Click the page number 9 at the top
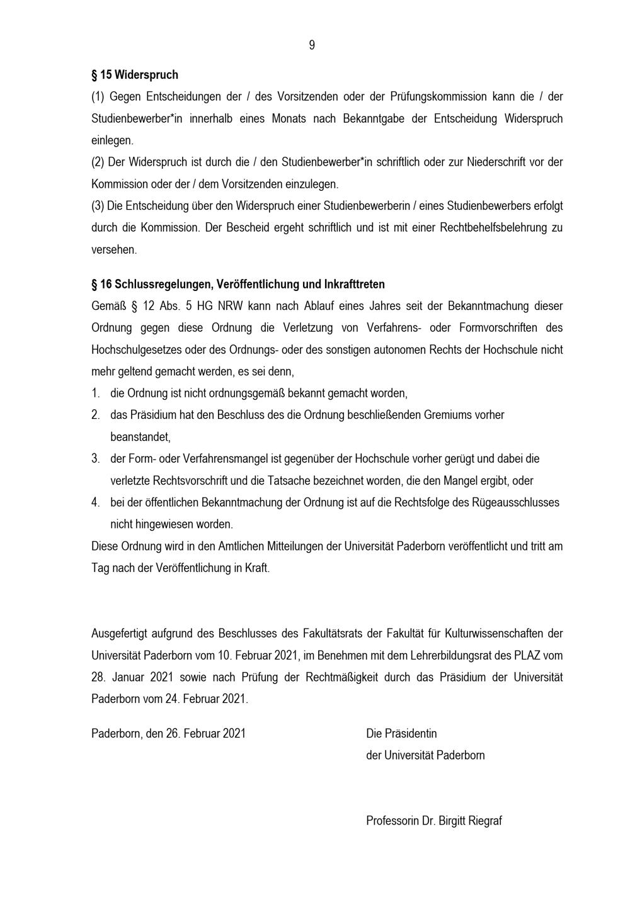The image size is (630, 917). coord(312,45)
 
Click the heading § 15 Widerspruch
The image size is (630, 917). coord(135,75)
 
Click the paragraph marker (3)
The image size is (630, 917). coord(98,206)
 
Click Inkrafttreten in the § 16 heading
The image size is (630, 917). coord(354,285)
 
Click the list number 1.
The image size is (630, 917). coord(95,394)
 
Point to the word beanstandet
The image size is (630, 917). coord(140,437)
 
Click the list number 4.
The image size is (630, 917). coord(95,503)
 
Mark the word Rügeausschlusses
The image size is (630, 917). coord(515,503)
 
